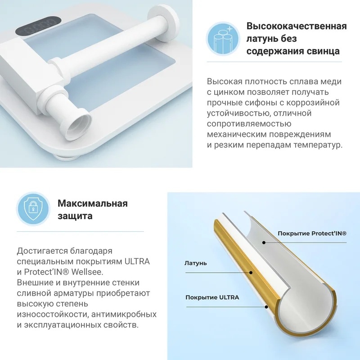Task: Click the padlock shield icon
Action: point(33,208)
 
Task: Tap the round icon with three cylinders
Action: point(223,39)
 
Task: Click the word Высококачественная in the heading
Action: point(297,26)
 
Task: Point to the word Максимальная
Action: point(93,203)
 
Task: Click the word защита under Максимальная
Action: point(75,216)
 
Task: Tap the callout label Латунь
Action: point(196,263)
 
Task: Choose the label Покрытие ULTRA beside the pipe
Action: point(212,297)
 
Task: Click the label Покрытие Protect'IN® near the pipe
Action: point(312,234)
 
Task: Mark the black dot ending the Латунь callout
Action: point(251,273)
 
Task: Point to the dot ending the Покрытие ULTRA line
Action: point(266,307)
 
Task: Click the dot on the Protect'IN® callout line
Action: point(264,243)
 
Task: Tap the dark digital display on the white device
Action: point(38,26)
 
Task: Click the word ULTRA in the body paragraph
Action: point(137,261)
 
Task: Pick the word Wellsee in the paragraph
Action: point(87,272)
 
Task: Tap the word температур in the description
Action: point(318,145)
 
